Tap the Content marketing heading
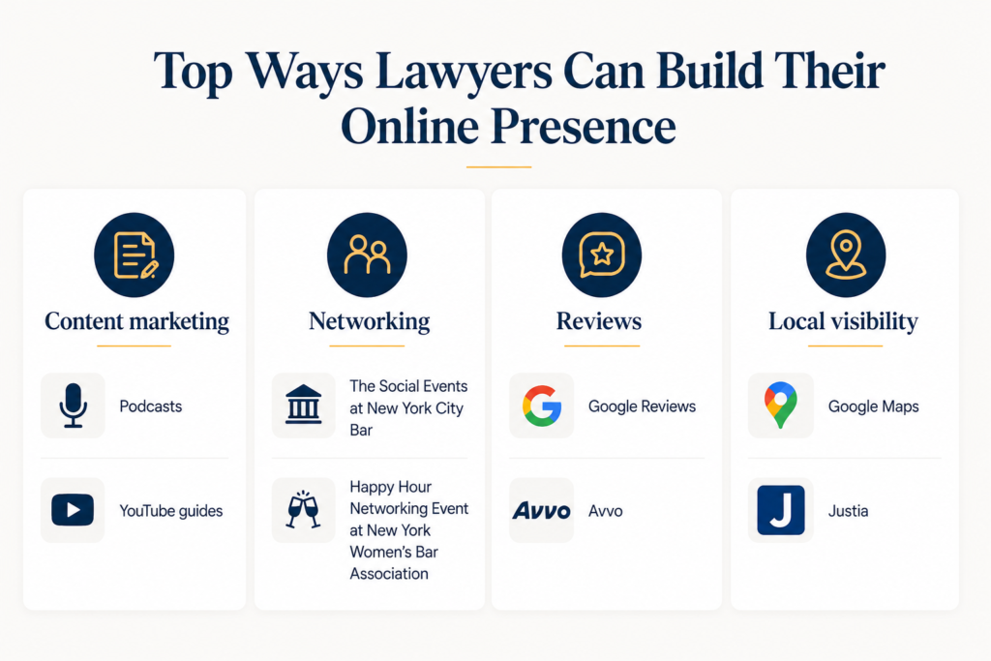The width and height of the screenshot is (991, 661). tap(136, 321)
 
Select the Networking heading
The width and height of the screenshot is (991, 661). tap(369, 321)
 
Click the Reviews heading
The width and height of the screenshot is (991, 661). tap(598, 321)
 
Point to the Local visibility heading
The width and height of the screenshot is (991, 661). tap(843, 321)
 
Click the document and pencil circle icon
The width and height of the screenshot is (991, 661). tap(134, 255)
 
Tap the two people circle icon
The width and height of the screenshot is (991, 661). tap(367, 255)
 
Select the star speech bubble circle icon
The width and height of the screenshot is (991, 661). tap(602, 255)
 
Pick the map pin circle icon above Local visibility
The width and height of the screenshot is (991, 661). tap(846, 255)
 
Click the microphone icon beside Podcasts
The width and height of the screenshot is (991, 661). tap(74, 406)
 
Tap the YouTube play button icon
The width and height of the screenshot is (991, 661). tap(73, 510)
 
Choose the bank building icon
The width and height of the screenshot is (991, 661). tap(303, 405)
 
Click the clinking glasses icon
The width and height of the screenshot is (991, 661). tap(303, 509)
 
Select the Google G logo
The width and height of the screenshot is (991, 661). tap(542, 406)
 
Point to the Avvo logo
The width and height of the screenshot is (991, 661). tap(542, 511)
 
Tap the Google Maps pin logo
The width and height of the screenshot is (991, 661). tap(781, 406)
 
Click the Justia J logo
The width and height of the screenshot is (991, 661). tap(781, 510)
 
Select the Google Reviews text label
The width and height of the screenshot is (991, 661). tap(643, 406)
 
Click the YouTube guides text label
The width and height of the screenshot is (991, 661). tap(171, 511)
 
